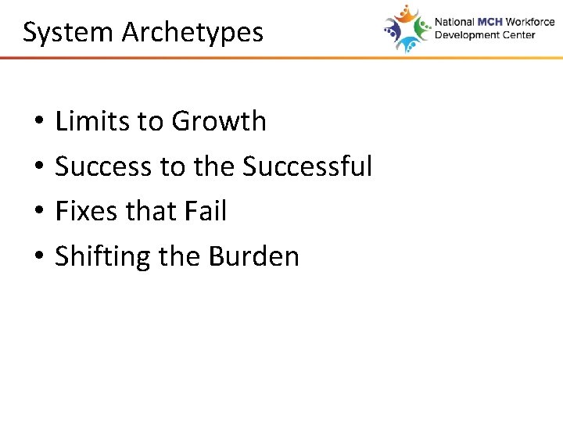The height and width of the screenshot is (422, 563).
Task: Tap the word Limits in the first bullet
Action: click(84, 121)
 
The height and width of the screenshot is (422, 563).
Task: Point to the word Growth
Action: click(219, 121)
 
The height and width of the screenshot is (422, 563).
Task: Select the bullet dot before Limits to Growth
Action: click(38, 123)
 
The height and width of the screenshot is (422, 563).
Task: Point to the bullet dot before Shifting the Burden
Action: click(38, 258)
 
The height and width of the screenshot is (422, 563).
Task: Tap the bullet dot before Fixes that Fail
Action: click(38, 213)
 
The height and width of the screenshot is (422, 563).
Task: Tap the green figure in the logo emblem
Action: click(422, 28)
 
